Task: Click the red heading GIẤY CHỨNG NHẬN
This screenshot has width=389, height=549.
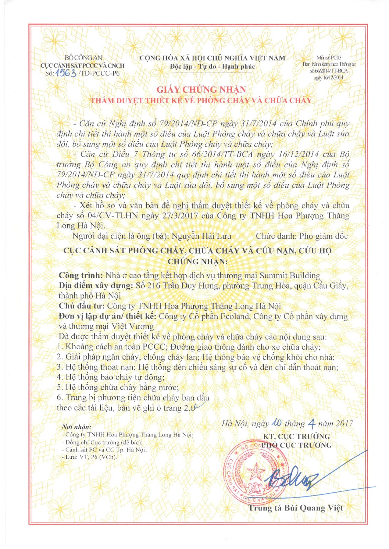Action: tap(201, 90)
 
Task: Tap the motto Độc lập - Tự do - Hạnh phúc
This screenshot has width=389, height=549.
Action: tap(212, 67)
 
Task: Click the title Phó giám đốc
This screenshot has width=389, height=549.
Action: tap(323, 236)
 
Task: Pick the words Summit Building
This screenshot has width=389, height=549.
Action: tap(290, 276)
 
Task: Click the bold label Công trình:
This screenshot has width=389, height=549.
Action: tap(81, 276)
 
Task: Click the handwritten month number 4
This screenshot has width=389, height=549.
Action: tap(312, 424)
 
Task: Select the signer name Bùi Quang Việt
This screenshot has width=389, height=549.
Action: tap(313, 508)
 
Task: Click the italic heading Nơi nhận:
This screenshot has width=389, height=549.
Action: tap(76, 427)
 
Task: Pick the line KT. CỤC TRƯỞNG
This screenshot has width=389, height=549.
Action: tap(296, 436)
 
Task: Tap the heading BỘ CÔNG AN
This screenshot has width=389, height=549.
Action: tap(83, 58)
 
